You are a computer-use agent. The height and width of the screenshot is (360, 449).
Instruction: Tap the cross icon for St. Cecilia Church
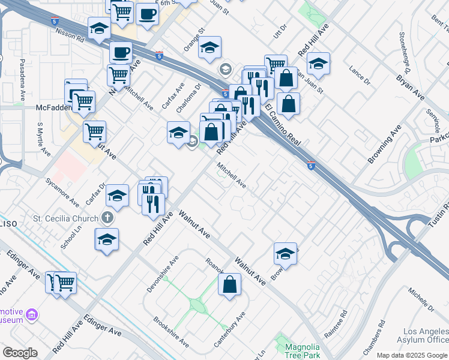tap(107, 218)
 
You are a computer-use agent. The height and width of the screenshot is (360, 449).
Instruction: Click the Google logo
tap(20, 353)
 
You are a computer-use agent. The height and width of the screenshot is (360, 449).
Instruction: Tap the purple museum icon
tap(32, 314)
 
